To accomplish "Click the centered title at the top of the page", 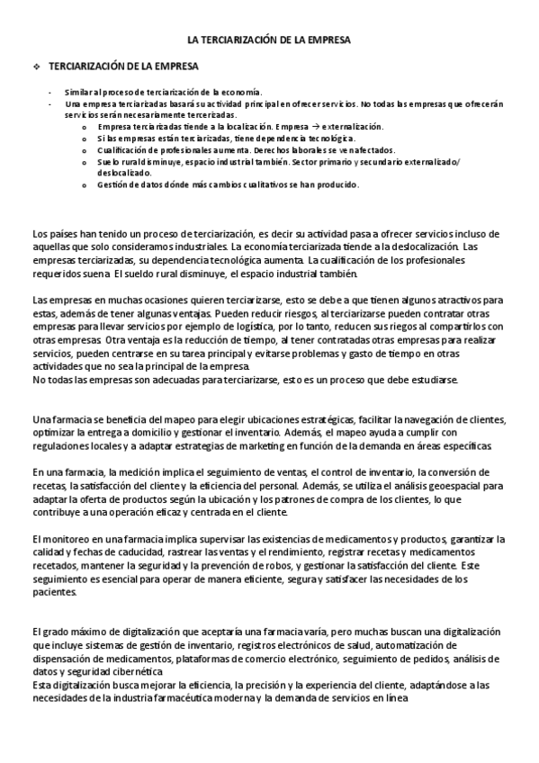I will tap(269, 40).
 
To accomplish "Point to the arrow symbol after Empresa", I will tap(310, 127).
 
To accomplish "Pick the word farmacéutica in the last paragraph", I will tap(214, 699).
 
